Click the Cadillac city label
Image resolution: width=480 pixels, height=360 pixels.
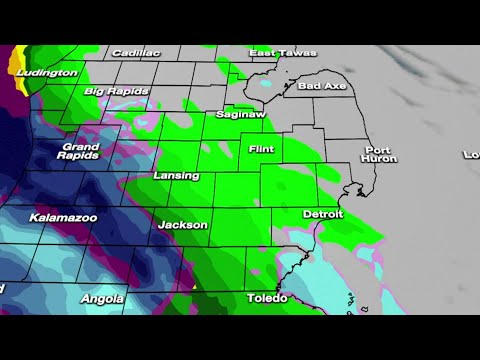pos(136,52)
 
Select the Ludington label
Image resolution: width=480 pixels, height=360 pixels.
pos(48,72)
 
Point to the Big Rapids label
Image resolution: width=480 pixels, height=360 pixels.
pos(116,91)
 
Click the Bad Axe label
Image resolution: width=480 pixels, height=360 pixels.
pos(321,87)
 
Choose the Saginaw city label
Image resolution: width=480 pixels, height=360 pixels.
pos(239,114)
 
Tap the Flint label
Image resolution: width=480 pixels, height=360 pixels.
pos(262,149)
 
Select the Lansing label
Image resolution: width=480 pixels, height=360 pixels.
pos(176,175)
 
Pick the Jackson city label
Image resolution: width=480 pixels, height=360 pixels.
pos(182,225)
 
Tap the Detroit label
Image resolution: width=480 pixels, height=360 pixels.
pos(323,215)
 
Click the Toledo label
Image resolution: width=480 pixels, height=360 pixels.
pos(267,298)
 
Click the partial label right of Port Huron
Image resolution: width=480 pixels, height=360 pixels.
pos(471,154)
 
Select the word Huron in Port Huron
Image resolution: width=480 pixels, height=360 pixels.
pos(380,159)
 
